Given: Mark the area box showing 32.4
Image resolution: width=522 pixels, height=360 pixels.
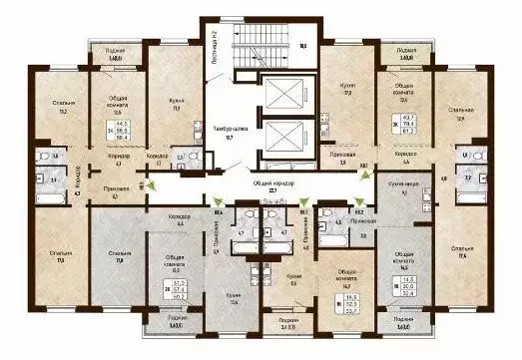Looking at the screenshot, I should coord(408,284).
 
